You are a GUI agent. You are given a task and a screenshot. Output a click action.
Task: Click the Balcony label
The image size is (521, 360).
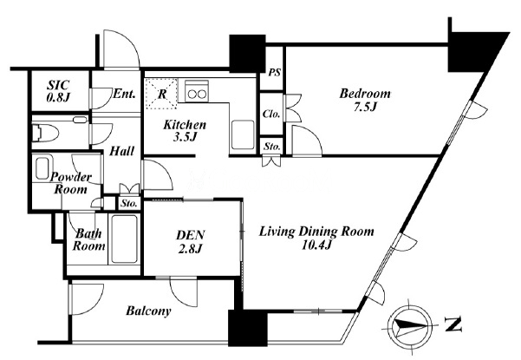click(148, 311)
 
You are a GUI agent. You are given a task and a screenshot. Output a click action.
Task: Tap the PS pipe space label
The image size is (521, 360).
click(275, 72)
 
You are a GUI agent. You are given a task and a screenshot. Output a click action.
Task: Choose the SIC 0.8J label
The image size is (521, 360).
click(58, 91)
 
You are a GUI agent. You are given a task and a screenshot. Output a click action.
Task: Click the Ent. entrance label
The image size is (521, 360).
click(124, 94)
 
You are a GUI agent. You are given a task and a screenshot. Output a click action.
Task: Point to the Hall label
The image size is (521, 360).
click(122, 151)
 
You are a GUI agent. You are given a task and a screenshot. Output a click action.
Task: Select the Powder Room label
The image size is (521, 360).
click(70, 183)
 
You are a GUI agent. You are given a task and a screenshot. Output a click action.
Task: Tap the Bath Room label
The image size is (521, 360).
click(88, 239)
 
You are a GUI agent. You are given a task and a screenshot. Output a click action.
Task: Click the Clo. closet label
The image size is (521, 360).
click(271, 114)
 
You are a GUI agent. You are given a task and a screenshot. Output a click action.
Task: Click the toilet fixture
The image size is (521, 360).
click(45, 134)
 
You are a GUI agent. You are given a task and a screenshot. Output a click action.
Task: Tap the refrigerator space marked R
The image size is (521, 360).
click(162, 94)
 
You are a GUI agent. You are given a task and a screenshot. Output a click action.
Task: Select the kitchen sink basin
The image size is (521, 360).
click(243, 134)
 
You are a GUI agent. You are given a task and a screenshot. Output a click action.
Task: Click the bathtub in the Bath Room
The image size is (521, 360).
click(125, 239)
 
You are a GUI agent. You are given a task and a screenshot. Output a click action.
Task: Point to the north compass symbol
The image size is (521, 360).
click(412, 325)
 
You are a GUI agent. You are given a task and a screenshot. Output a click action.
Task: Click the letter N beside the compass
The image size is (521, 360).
click(453, 324)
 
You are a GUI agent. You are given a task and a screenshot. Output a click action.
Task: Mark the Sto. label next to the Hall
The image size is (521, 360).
click(129, 203)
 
